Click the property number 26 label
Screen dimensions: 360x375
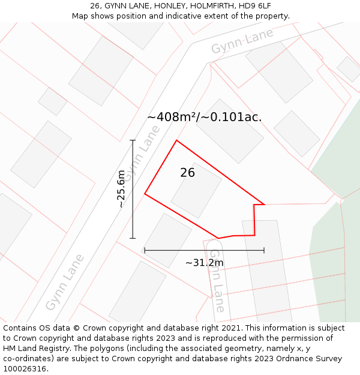(x=187, y=173)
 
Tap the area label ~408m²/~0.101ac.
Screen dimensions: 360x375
(x=204, y=117)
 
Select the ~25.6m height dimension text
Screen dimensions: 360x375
(x=121, y=189)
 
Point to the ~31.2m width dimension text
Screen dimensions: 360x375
(x=204, y=263)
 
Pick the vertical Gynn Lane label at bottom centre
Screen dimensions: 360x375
(x=217, y=280)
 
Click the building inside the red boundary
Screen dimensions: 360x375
(x=196, y=190)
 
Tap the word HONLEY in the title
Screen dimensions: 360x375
(x=163, y=6)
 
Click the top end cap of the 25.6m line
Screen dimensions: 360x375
(x=133, y=140)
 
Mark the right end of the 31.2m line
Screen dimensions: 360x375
(x=264, y=250)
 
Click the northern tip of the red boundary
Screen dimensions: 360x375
(x=176, y=140)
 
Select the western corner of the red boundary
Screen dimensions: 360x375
(x=145, y=194)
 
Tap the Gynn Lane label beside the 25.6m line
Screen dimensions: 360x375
(x=142, y=154)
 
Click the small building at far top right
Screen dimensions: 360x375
(x=349, y=69)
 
